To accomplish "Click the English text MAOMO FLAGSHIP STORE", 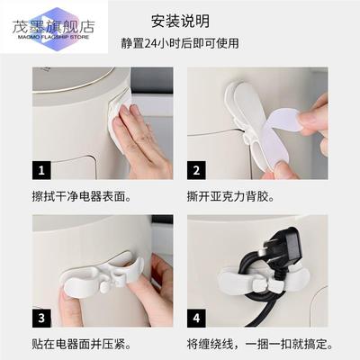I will [x=46, y=27].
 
